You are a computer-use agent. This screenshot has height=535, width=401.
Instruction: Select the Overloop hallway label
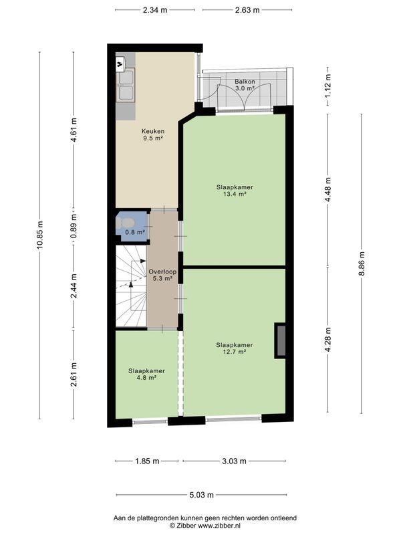(x=162, y=275)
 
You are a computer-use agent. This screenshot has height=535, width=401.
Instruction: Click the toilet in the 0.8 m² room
(x=126, y=221)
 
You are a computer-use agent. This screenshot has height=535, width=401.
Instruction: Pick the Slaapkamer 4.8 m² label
(x=146, y=374)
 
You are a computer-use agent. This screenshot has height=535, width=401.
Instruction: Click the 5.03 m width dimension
(x=200, y=495)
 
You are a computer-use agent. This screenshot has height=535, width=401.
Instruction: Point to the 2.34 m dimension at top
(x=155, y=10)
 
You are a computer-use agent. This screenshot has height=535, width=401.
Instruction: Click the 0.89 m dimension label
(x=74, y=226)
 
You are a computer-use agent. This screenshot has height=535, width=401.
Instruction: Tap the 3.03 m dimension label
(x=233, y=461)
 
